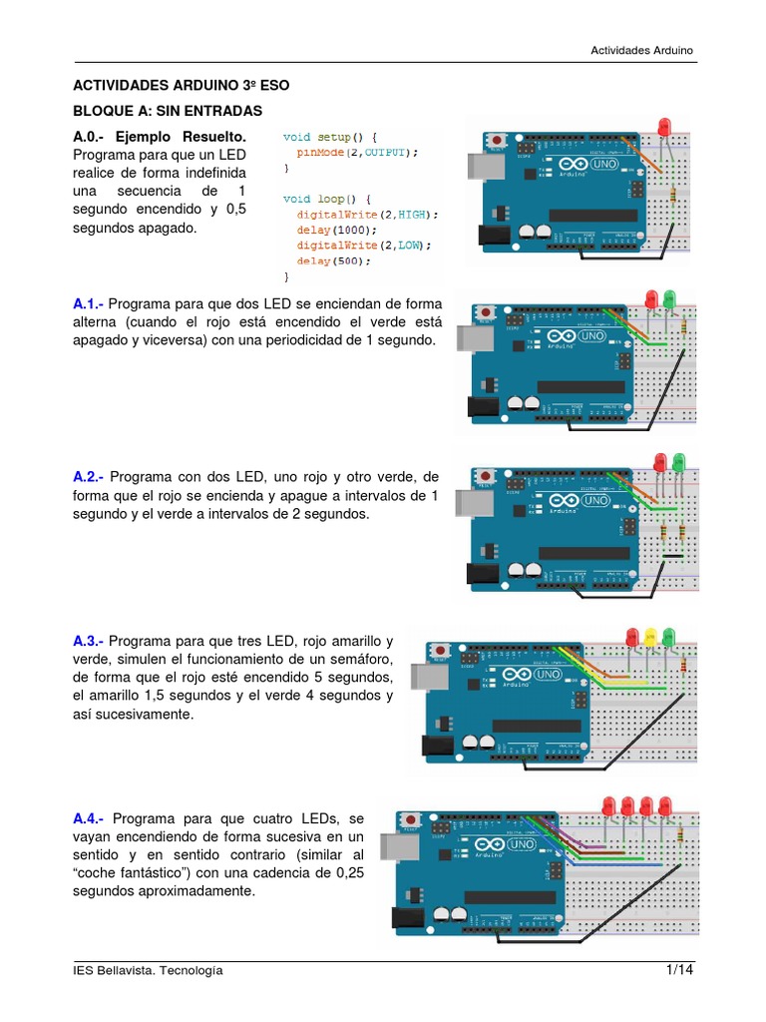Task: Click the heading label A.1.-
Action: pos(89,303)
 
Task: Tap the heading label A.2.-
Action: pos(89,477)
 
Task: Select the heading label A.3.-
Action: pos(89,641)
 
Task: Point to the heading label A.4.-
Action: pos(89,816)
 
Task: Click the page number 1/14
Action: pos(679,970)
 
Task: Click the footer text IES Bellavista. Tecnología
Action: pos(149,971)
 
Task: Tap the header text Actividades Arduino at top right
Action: pos(641,49)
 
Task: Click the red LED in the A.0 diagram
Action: pos(664,128)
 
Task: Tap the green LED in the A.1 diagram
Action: pos(668,298)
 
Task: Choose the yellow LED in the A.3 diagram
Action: pos(649,636)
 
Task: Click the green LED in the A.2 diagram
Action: pos(678,461)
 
